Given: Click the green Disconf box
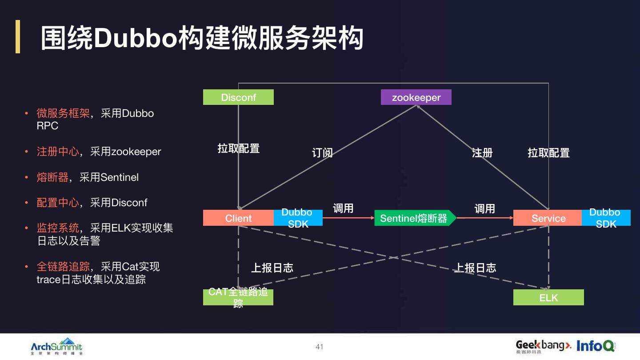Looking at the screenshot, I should (238, 97).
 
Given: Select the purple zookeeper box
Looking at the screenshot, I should (416, 97).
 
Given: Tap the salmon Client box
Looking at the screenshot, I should (238, 218).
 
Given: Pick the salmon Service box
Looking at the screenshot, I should (548, 218).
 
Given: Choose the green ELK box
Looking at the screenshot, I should (548, 297).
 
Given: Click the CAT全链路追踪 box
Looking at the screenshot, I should (238, 297).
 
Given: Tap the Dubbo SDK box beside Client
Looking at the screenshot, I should (298, 218).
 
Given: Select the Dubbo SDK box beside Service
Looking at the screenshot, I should (606, 218).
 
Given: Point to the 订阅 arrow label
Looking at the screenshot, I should (322, 153).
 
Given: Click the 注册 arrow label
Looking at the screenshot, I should (482, 153).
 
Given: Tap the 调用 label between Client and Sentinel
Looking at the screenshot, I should (343, 208).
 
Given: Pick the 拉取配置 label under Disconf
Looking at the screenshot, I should (238, 148).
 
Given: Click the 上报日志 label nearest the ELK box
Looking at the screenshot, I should (475, 268).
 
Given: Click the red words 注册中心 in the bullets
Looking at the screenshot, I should (58, 152).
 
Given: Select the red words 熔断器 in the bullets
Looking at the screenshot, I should (52, 177).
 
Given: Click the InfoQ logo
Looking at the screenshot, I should (595, 346).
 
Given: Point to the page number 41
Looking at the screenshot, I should (319, 347).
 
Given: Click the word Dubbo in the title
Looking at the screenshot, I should (135, 39).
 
